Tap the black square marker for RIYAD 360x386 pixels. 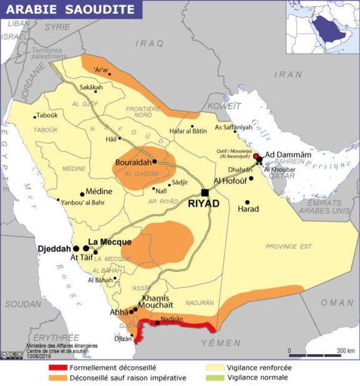(205, 192)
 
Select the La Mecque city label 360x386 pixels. (109, 242)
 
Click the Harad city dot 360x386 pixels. (247, 202)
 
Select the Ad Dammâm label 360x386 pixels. (288, 155)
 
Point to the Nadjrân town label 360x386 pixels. (171, 319)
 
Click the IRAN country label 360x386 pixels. (288, 74)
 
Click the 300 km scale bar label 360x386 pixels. (346, 350)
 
